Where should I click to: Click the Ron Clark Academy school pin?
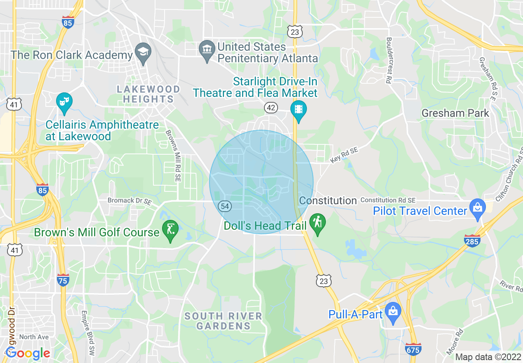[143, 52]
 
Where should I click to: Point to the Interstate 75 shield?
[63, 280]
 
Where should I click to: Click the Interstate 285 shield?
[472, 240]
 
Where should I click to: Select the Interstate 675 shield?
[413, 348]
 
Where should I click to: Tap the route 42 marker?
[271, 108]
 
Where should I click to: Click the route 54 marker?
[225, 206]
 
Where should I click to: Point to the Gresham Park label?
[455, 113]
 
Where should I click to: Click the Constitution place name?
[328, 201]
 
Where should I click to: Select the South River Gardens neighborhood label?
[223, 321]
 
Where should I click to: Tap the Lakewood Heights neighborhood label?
[148, 94]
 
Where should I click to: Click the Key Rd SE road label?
[344, 155]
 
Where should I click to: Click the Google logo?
[28, 353]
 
